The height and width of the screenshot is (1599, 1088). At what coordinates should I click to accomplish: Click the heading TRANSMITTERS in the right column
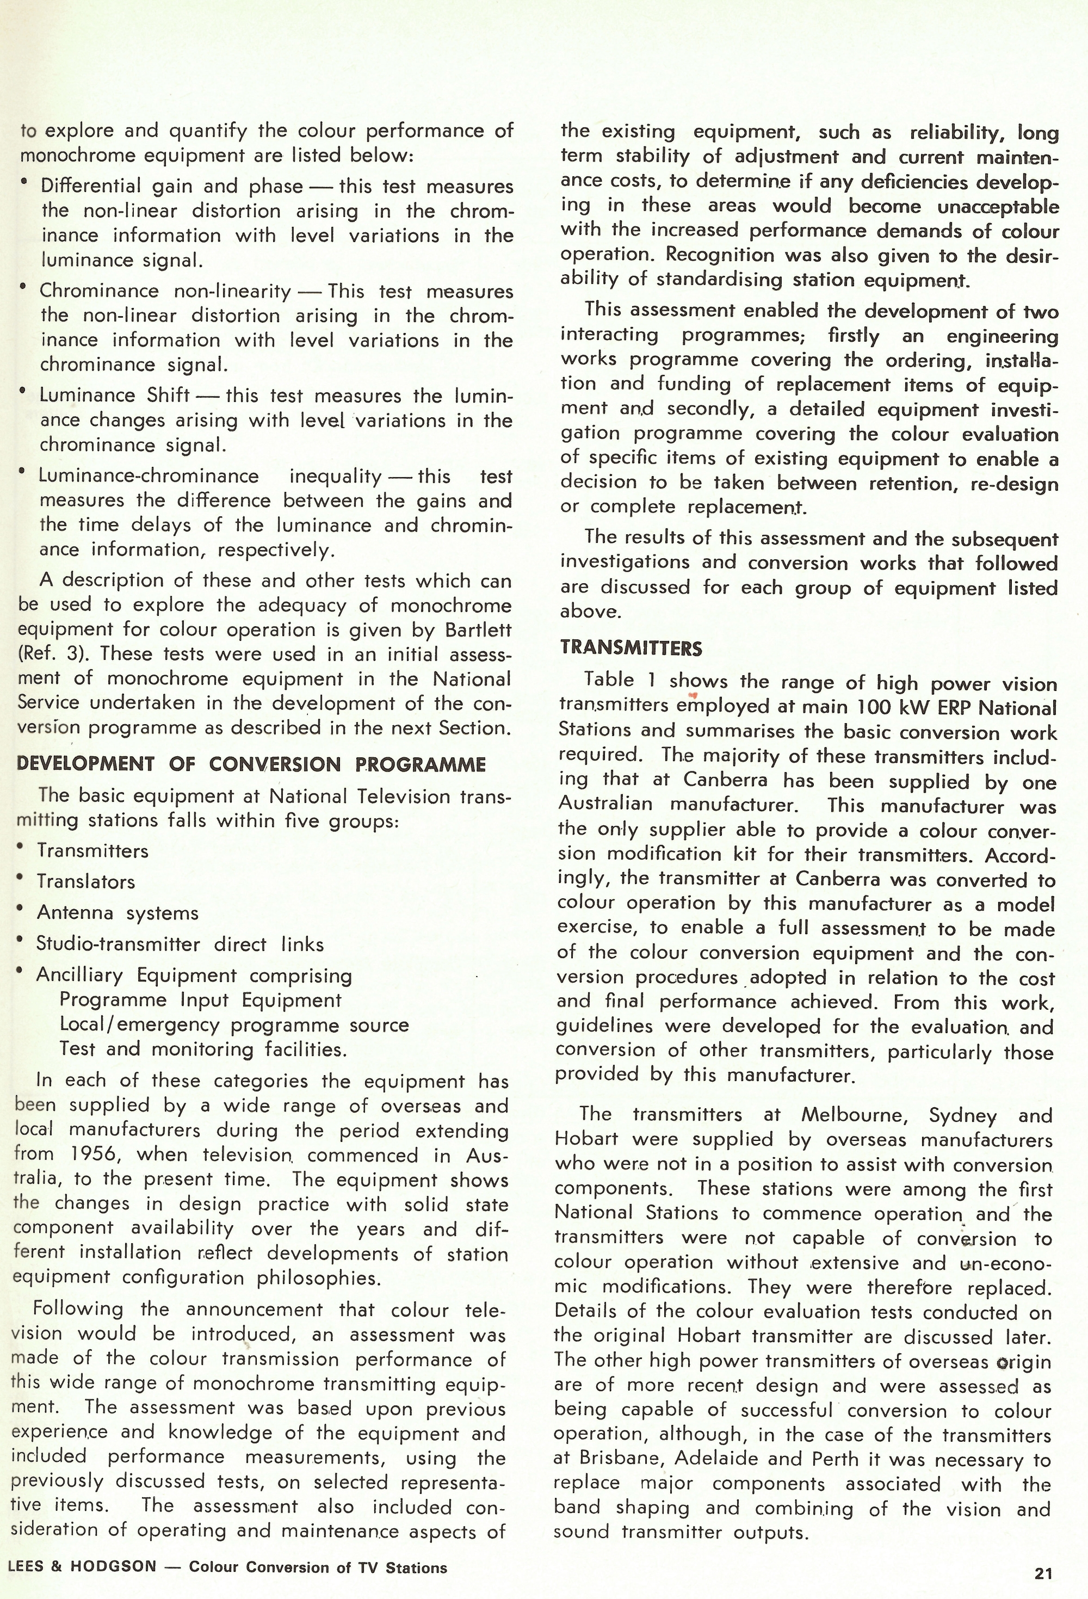point(630,648)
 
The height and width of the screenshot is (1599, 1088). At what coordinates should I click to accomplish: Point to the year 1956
point(95,1154)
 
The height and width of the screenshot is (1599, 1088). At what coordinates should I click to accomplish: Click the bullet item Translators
point(85,881)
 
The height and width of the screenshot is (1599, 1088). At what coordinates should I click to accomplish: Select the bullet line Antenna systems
point(117,912)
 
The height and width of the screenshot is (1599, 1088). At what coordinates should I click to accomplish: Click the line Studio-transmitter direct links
point(180,944)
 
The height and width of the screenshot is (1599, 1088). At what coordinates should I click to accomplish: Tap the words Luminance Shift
point(114,395)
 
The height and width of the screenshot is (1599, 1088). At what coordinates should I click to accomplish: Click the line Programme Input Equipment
point(200,1000)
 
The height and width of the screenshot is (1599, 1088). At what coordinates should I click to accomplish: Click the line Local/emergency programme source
point(234,1024)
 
